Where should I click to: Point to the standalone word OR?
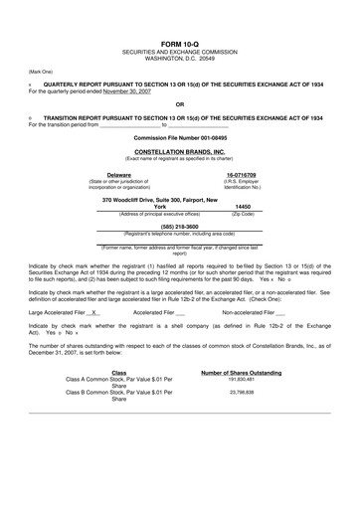click(179, 104)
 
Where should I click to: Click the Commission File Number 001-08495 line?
click(179, 137)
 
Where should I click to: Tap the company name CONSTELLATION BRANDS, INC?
click(179, 150)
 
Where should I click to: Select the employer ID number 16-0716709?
click(242, 174)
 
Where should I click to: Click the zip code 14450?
click(242, 206)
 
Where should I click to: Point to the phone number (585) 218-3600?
click(179, 225)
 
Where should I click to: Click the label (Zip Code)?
click(242, 213)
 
